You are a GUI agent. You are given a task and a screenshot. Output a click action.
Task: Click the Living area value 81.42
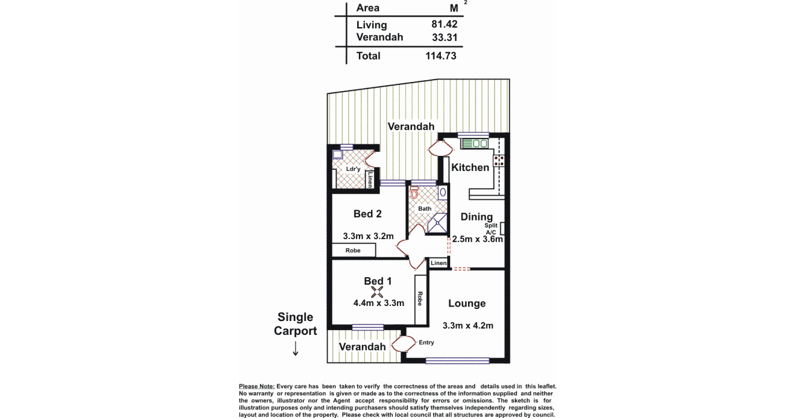pos(444,24)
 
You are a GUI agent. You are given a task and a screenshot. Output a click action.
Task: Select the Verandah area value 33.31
pos(444,37)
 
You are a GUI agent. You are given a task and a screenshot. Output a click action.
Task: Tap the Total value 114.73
pos(441,55)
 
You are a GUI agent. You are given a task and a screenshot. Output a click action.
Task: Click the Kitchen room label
pos(470,167)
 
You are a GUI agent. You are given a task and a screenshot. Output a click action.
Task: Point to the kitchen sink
pos(475,143)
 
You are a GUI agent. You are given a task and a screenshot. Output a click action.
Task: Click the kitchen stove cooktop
pos(499,161)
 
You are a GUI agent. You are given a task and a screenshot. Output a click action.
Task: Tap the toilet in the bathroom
pos(414,192)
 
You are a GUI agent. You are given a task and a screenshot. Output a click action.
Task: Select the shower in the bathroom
pos(437,223)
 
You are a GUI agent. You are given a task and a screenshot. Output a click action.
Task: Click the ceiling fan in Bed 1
pos(377,292)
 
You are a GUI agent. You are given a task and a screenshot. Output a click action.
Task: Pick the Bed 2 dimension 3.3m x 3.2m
pos(368,236)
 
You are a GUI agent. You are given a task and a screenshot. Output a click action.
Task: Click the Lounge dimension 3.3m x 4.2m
pos(468,326)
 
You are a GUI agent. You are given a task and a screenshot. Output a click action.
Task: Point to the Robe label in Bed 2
pos(353,251)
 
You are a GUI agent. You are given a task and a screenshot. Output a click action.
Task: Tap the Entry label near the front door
pos(426,342)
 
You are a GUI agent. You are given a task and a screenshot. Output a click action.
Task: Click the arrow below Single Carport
pos(295,349)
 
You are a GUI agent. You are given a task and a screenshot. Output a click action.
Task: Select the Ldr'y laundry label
pos(353,169)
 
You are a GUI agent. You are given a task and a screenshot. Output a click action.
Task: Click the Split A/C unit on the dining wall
pos(502,228)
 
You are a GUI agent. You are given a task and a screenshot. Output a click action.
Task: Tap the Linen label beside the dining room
pos(439,263)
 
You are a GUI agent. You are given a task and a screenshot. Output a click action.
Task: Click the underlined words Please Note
pos(257,386)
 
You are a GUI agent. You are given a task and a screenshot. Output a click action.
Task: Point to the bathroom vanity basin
pos(443,192)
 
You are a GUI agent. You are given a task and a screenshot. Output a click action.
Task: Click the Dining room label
pos(477,217)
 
